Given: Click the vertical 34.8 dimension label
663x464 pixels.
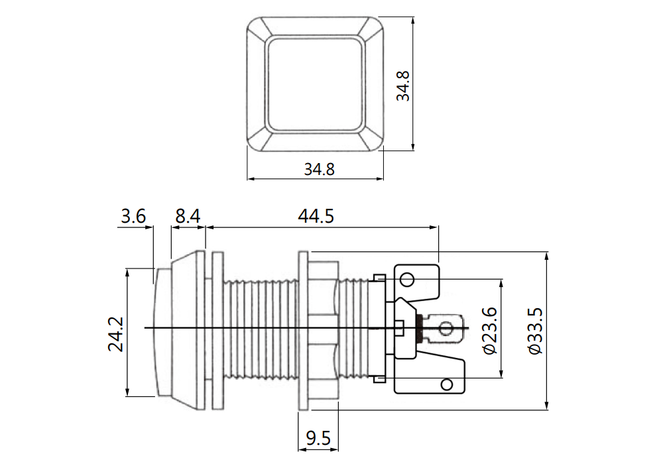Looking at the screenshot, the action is [x=403, y=86].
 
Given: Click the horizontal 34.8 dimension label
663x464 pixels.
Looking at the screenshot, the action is [x=320, y=170].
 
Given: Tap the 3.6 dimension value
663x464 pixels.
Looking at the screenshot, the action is [x=133, y=216].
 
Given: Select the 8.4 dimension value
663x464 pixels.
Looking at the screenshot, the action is [x=188, y=216].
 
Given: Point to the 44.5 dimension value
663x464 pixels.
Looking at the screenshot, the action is [x=316, y=216].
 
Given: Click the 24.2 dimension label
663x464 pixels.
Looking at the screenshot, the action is [x=115, y=334].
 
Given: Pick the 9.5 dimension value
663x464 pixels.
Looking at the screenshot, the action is [x=318, y=438].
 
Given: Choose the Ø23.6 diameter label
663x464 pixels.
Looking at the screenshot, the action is [x=489, y=331].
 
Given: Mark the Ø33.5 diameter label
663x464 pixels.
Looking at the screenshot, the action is [x=535, y=331].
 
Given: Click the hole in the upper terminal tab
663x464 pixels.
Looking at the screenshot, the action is [x=407, y=279].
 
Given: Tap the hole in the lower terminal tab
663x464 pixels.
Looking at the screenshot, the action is [x=446, y=384].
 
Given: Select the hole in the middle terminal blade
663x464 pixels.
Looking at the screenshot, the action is [x=446, y=328].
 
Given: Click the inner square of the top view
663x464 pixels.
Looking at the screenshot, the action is [x=315, y=85].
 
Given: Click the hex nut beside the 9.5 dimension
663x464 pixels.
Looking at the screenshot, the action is [x=324, y=331].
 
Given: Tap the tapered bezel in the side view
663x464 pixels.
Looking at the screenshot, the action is [x=188, y=331].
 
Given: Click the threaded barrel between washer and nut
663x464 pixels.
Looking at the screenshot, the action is [x=261, y=331].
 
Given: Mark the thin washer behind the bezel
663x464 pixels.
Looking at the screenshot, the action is [x=217, y=331].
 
